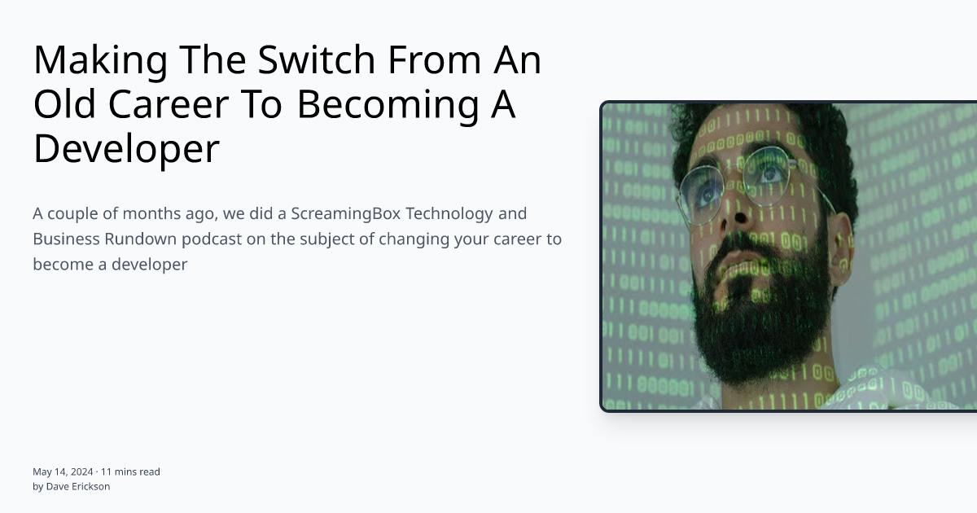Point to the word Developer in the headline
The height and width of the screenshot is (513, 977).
126,149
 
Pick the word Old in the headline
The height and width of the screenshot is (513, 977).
64,104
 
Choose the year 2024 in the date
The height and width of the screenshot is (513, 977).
81,471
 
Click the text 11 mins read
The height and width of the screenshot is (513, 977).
130,471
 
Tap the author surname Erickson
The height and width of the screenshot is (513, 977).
90,486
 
